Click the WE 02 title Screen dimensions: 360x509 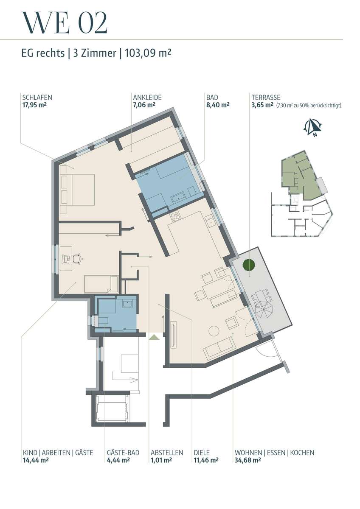point(65,23)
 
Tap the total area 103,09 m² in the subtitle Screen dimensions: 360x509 point(148,53)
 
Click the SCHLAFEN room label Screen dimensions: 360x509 point(37,98)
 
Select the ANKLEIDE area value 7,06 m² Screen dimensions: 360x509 point(144,105)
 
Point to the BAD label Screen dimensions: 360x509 point(212,98)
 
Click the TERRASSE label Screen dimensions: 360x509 point(266,98)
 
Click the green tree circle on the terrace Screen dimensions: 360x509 point(249,264)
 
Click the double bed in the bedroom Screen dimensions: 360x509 point(77,190)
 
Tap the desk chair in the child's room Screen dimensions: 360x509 point(78,259)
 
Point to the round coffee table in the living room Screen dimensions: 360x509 point(214,331)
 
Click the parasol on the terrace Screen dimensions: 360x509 point(263,310)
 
